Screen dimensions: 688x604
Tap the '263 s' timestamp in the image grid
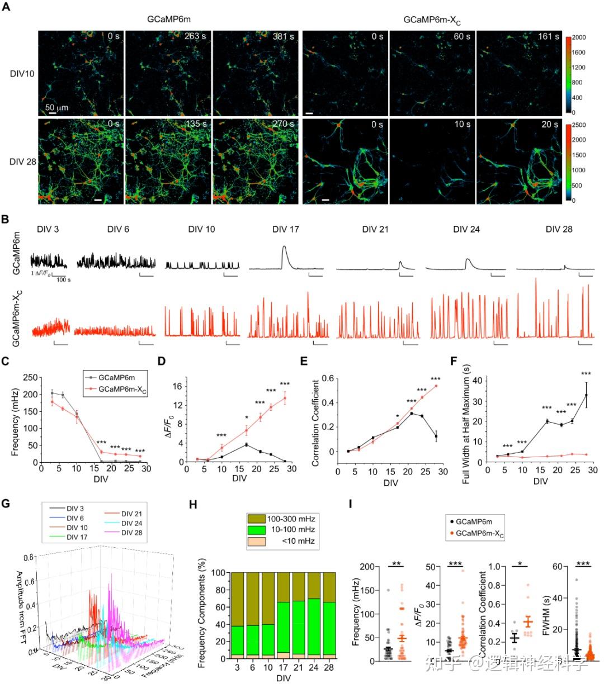coord(195,37)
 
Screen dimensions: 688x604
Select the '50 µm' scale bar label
coord(56,107)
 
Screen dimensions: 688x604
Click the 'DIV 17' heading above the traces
coord(286,229)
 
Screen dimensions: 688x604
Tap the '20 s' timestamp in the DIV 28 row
coord(550,125)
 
